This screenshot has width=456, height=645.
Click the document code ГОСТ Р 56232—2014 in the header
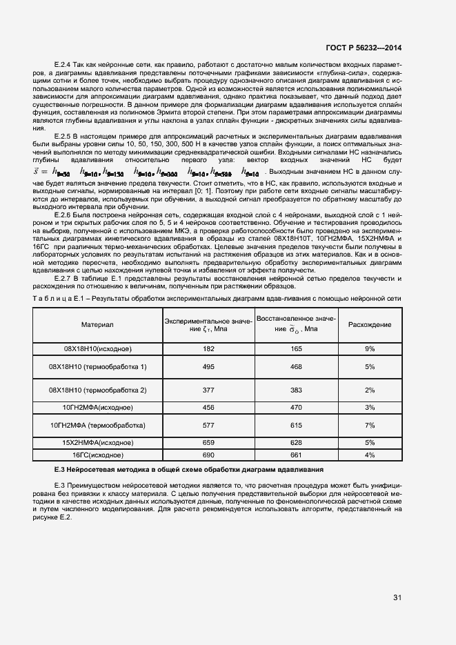(x=364, y=48)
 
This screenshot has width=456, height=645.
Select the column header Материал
(x=97, y=324)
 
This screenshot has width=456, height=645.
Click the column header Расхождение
(x=369, y=324)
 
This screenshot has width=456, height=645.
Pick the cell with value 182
(x=208, y=350)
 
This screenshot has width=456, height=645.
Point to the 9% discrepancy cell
(x=369, y=350)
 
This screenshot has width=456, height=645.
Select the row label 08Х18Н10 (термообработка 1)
(x=97, y=366)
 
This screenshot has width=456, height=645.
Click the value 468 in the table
(x=296, y=366)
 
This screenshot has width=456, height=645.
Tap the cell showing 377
(x=208, y=390)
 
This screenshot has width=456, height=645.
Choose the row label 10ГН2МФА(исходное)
(x=97, y=408)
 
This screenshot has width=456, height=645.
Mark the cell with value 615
(x=296, y=426)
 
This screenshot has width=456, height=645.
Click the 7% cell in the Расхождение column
(x=369, y=426)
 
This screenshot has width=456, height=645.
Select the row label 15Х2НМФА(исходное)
(x=97, y=442)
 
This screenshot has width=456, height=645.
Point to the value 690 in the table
(x=208, y=455)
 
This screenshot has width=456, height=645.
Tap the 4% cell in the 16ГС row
(x=369, y=455)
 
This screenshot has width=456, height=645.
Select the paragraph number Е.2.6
(x=63, y=215)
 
